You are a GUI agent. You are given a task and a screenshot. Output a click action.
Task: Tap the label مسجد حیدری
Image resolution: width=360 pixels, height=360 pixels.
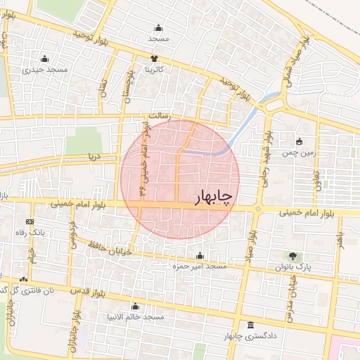45,70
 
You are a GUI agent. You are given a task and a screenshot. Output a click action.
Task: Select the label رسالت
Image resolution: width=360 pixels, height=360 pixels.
151,113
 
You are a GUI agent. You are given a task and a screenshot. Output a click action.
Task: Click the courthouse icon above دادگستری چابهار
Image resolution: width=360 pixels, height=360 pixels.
251,325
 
